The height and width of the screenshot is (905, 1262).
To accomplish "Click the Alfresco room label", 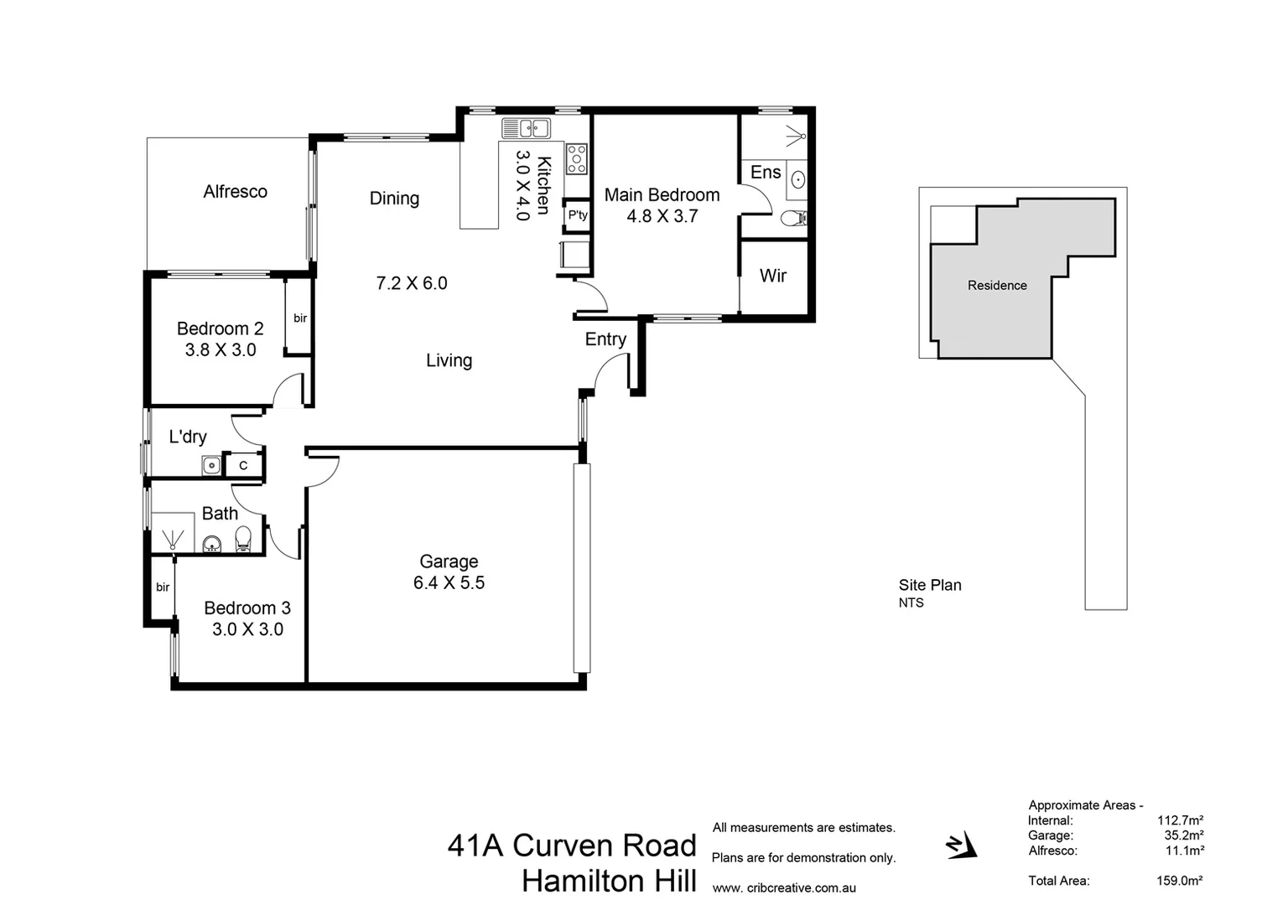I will (x=235, y=192).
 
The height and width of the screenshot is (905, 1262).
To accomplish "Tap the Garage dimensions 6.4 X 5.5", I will (x=449, y=583).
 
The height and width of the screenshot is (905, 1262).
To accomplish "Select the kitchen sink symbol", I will (x=526, y=128).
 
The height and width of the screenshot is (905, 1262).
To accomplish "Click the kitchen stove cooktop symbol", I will (x=577, y=158).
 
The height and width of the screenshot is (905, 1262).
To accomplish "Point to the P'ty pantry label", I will (x=578, y=215).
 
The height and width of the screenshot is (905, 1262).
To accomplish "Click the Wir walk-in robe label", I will (x=772, y=276).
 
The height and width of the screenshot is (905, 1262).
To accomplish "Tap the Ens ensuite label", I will (x=765, y=173).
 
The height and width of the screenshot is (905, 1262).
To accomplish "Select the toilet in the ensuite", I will (x=792, y=219).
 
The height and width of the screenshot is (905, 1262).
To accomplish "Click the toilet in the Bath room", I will (x=243, y=538).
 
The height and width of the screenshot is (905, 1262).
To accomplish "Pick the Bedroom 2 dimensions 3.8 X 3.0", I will (x=221, y=350).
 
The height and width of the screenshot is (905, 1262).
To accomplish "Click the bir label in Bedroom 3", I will (x=163, y=587).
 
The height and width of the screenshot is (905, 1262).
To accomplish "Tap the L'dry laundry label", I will (x=188, y=437).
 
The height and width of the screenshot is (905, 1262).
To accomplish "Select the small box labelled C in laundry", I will (x=243, y=465).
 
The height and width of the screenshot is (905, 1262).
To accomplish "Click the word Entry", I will (x=605, y=339).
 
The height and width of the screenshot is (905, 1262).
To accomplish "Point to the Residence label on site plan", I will (x=997, y=286).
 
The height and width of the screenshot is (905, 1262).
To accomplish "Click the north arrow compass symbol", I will (x=961, y=846).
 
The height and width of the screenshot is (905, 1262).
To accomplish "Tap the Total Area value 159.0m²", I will (x=1179, y=881).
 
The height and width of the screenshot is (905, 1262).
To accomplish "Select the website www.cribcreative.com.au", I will (x=784, y=888).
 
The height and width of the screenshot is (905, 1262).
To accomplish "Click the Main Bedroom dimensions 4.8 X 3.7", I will (x=662, y=216).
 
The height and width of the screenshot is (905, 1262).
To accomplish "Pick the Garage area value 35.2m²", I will (x=1184, y=835).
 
